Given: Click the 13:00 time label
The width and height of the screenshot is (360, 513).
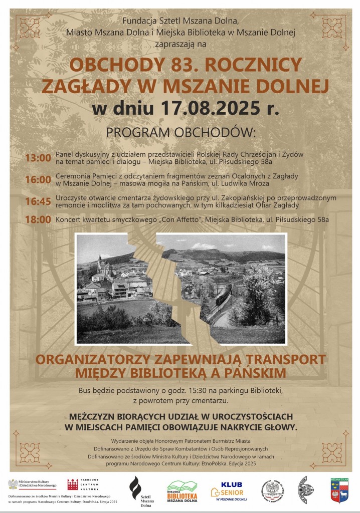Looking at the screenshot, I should click(38, 158).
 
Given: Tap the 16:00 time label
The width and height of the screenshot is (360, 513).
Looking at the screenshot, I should click(38, 179).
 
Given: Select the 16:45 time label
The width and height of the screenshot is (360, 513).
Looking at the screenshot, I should click(38, 201).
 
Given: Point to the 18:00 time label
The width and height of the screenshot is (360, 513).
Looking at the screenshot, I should click(38, 219).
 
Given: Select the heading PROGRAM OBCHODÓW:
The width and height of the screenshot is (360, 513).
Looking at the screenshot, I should click(181, 132).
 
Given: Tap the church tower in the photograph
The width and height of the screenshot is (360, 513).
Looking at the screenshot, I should click(100, 263).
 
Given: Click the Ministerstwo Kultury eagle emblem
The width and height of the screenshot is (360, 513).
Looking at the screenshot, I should click(13, 484).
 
